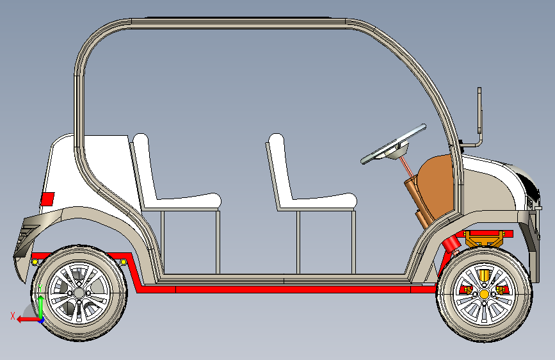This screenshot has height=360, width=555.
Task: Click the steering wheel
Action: coord(393,144)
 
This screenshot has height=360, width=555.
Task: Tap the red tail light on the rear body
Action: coord(47,199)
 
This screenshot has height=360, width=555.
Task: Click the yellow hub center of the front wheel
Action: coord(484,294)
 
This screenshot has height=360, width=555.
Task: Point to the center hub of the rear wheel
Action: coord(79,293)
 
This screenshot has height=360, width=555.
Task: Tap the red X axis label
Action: coord(13,316)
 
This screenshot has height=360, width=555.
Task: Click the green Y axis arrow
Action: coord(41,306)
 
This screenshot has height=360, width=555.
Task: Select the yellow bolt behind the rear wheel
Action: coord(35,262)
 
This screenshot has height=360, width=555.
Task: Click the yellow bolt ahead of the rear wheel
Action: coord(124,262)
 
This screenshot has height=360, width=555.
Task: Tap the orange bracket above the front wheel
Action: coord(484,239)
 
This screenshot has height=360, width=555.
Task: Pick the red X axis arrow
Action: coord(29,320)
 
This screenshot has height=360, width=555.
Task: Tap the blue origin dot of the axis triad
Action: coord(42,321)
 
